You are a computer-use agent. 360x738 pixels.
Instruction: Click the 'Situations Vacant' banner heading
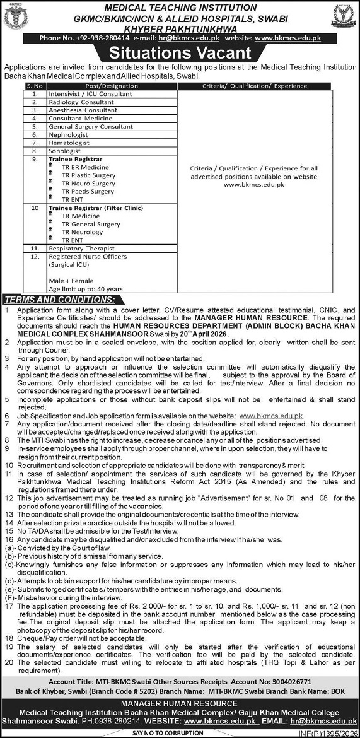180,53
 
